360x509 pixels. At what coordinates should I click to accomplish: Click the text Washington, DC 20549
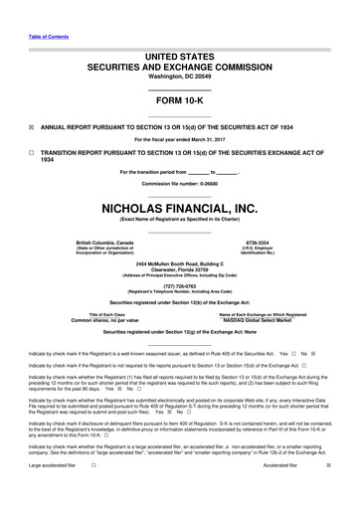(x=179, y=49)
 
